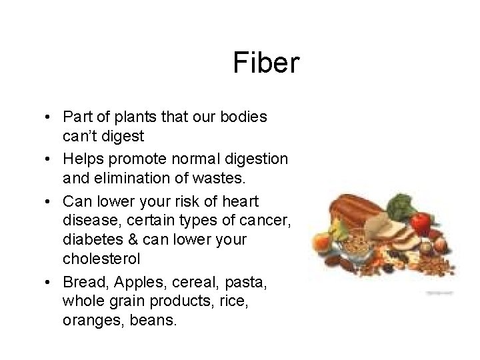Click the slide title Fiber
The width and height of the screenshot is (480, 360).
tap(268, 63)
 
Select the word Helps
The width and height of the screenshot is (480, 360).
tap(85, 159)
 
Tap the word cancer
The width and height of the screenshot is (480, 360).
tap(267, 221)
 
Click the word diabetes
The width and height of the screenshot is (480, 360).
tap(87, 238)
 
